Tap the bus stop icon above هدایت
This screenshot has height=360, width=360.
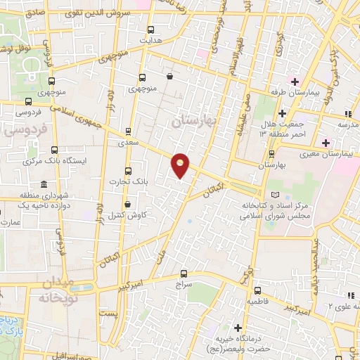pyautogui.click(x=151, y=30)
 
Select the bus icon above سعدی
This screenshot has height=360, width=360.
pyautogui.click(x=128, y=131)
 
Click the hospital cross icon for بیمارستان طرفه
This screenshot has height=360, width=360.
pyautogui.click(x=296, y=79)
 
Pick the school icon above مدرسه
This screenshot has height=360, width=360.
pyautogui.click(x=347, y=114)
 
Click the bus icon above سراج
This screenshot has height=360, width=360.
pyautogui.click(x=184, y=274)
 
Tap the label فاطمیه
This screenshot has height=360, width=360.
pyautogui.click(x=259, y=300)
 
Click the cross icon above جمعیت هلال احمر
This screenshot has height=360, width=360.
pyautogui.click(x=282, y=113)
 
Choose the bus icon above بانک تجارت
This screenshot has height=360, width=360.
pyautogui.click(x=127, y=171)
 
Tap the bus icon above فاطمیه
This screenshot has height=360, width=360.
pyautogui.click(x=258, y=290)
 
